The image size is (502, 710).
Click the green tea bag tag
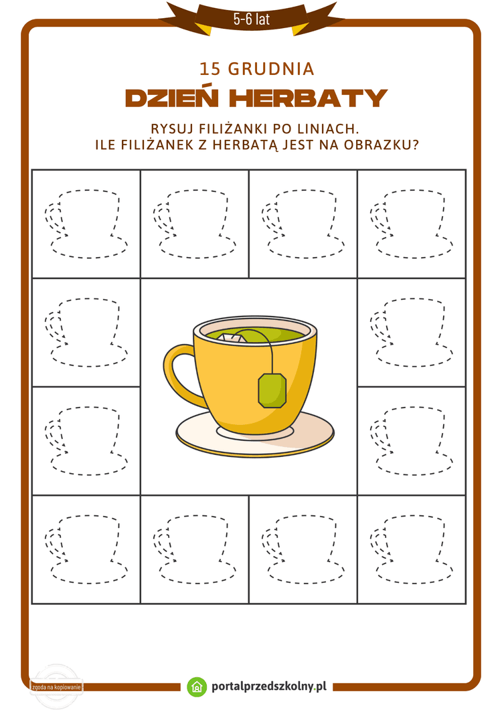272,390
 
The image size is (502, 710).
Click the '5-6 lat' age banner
251,19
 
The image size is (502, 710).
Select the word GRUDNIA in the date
271,69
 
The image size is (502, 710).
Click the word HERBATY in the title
308,98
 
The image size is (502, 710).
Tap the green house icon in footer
196,687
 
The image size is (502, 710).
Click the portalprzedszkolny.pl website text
268,687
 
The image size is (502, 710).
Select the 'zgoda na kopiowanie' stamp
56,687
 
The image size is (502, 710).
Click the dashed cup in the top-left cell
87,224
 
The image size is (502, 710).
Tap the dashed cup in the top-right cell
412,224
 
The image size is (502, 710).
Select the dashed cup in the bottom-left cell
87,549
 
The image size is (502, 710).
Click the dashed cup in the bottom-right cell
412,549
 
